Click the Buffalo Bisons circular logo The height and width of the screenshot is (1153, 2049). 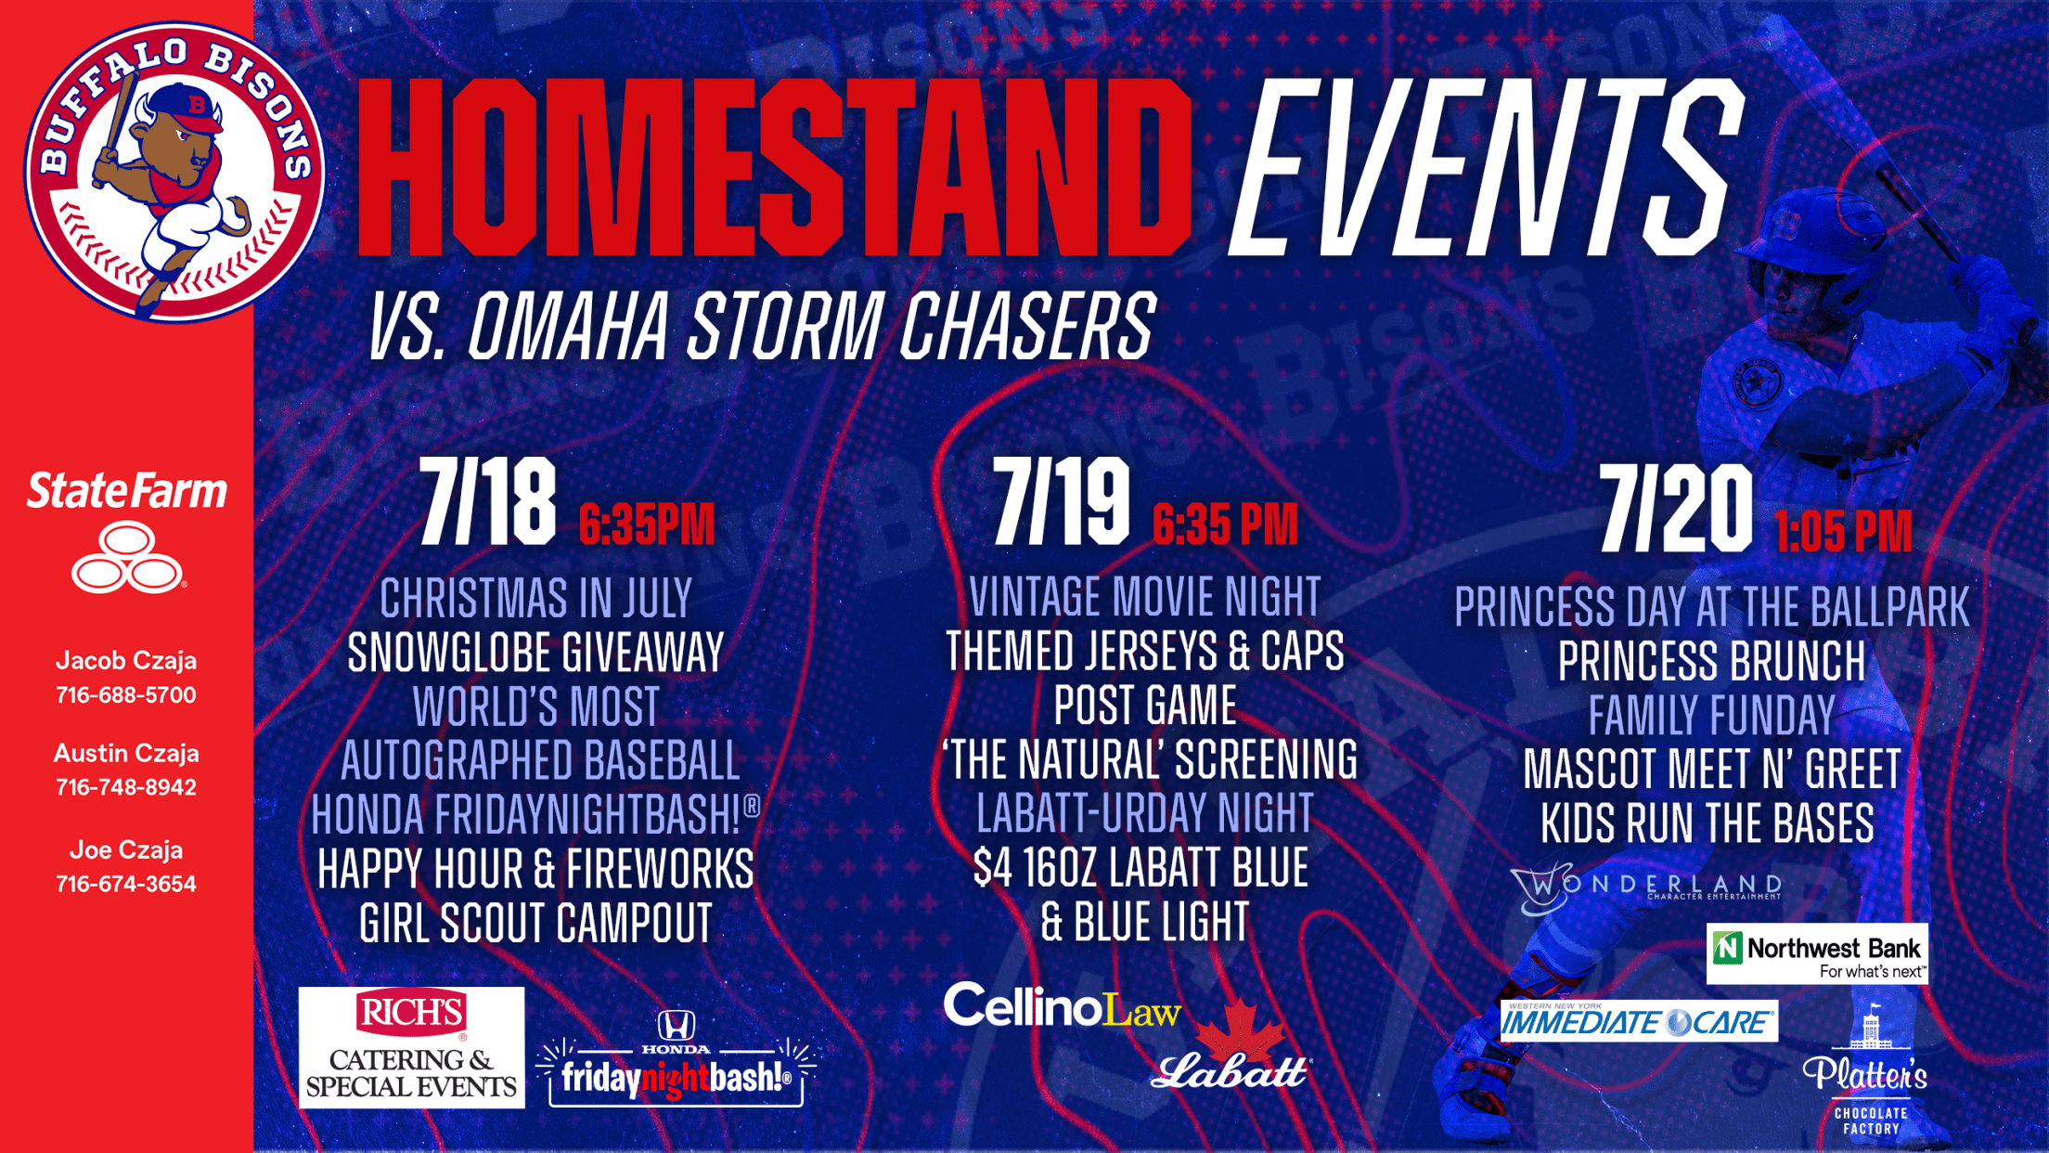click(x=174, y=173)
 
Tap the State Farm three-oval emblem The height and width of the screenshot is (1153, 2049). click(x=127, y=557)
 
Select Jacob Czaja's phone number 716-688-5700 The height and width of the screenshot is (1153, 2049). click(x=126, y=695)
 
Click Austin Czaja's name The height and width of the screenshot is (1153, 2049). click(x=126, y=753)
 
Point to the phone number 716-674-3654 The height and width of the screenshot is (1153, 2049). click(x=126, y=884)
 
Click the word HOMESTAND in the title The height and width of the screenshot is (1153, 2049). click(x=773, y=167)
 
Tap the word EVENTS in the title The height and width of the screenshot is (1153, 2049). click(x=1485, y=167)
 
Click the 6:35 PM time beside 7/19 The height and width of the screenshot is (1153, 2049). click(x=1225, y=525)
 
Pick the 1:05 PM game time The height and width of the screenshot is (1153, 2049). click(x=1843, y=532)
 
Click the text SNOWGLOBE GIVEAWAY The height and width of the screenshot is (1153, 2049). click(x=535, y=653)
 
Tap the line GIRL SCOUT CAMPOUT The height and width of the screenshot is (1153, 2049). click(x=535, y=924)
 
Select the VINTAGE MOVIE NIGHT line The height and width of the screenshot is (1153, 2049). click(x=1144, y=597)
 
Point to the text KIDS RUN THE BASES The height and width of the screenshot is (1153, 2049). click(x=1707, y=823)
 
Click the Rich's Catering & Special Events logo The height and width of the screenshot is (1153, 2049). click(x=411, y=1047)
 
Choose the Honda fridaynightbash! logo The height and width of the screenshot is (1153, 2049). click(x=677, y=1058)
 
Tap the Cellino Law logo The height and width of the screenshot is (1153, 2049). click(x=1063, y=1006)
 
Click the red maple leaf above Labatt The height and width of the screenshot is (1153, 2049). click(x=1241, y=1030)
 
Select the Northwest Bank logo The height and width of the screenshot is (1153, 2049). click(x=1817, y=953)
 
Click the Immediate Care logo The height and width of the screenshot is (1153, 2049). click(x=1639, y=1021)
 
